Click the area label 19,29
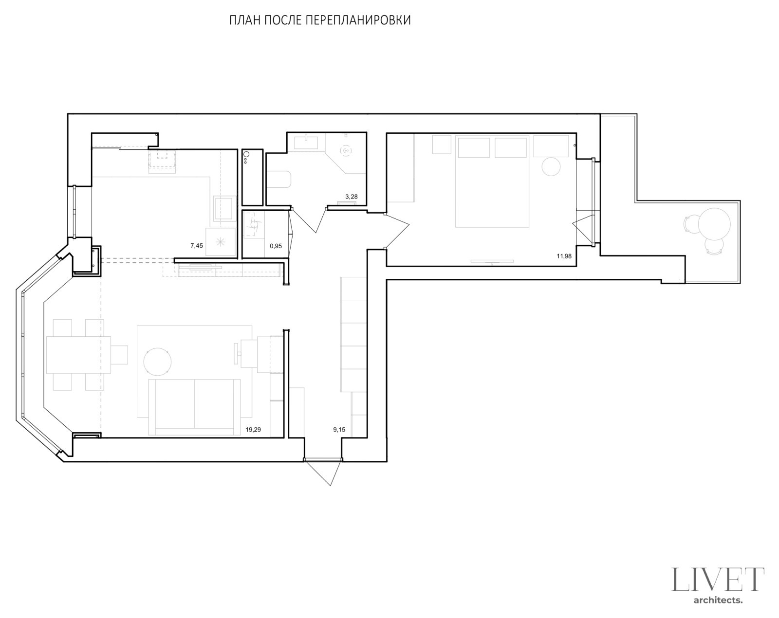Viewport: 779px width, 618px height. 253,430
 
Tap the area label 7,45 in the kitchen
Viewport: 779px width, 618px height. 197,246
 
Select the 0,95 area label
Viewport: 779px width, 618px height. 276,246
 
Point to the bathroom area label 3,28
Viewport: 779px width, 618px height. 351,197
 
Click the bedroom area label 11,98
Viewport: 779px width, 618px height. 564,256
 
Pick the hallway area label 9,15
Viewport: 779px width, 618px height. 339,430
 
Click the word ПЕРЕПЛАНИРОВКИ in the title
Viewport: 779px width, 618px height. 358,20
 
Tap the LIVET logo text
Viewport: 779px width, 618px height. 718,580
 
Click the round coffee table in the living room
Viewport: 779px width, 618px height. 157,362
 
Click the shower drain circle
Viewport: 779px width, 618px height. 347,150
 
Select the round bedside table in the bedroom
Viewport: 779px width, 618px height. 551,167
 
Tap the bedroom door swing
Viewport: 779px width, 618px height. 397,231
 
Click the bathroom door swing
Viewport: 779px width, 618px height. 309,220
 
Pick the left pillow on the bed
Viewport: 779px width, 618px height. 474,147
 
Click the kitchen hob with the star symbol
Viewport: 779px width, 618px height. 221,242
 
